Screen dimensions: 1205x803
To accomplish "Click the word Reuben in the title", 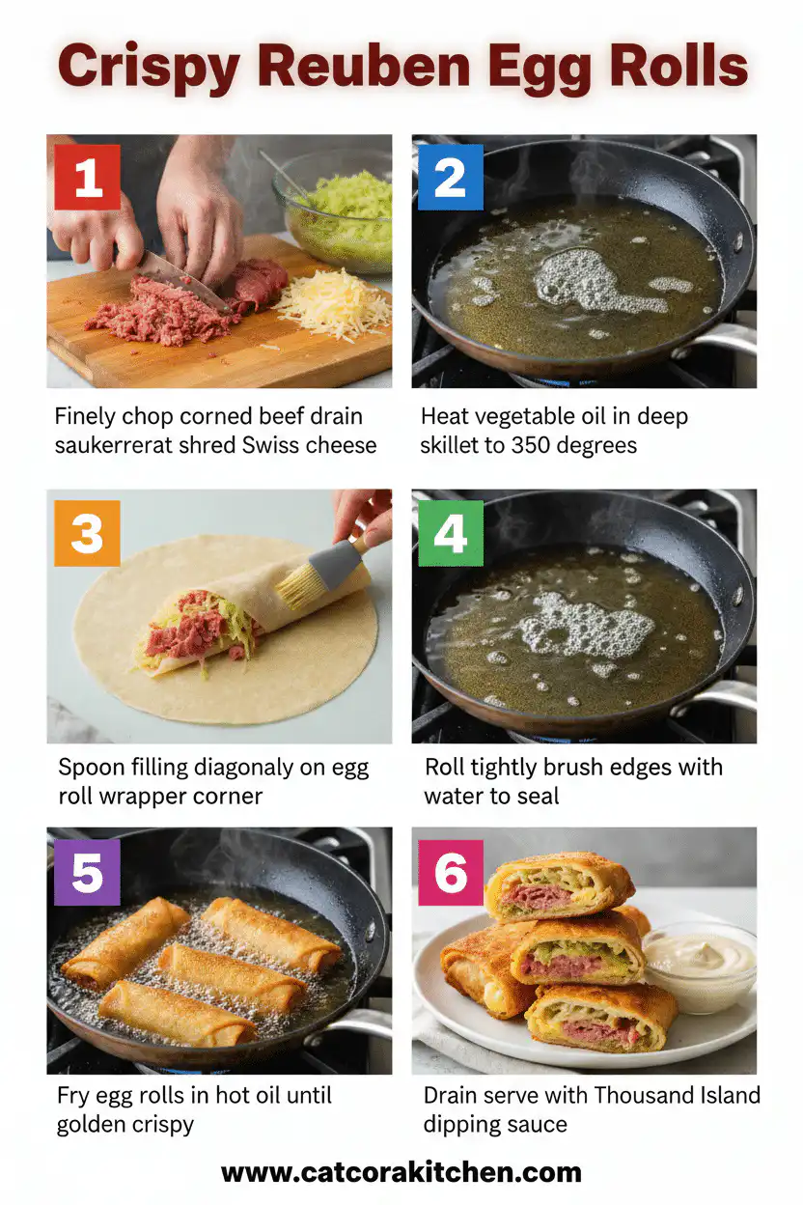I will tap(397, 68).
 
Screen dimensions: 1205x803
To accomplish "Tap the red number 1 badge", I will tap(87, 177).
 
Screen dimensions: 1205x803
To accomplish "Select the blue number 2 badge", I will tap(450, 177).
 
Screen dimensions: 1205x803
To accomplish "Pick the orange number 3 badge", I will tap(87, 533).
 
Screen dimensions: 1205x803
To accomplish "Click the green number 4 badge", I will tap(450, 533).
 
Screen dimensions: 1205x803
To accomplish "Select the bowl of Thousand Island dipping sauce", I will tap(699, 966).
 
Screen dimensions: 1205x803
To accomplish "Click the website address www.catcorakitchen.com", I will tap(401, 1172).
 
